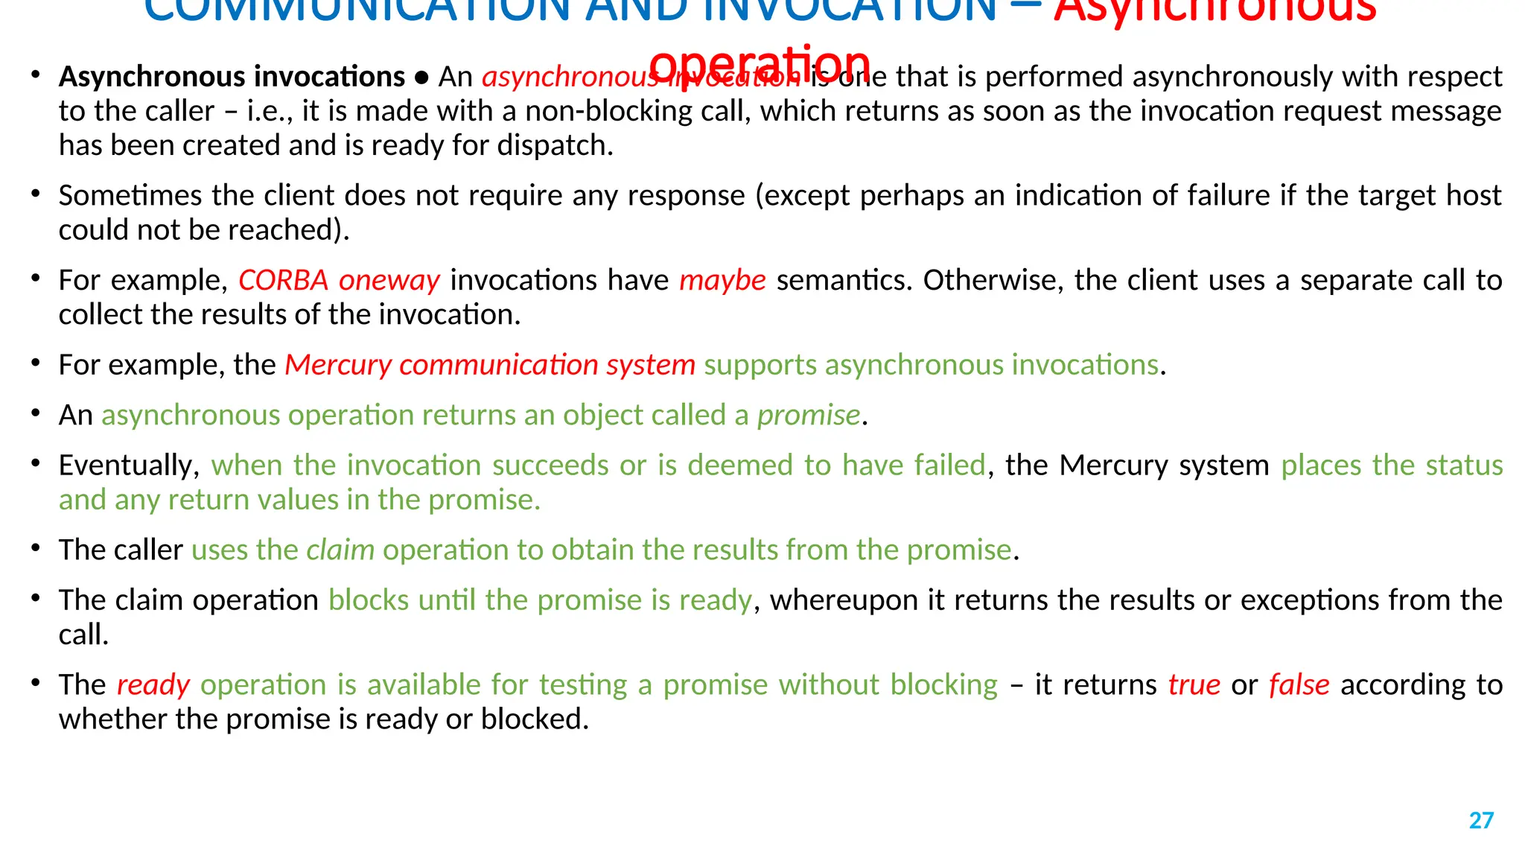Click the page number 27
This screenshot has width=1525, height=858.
[1481, 820]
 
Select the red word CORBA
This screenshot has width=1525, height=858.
[283, 280]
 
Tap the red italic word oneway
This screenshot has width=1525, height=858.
[389, 281]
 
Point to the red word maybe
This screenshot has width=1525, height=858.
[722, 280]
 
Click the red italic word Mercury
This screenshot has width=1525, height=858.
[338, 365]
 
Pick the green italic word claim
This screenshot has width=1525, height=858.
[340, 550]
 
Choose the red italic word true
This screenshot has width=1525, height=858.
[1194, 684]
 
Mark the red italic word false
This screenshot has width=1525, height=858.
[1299, 684]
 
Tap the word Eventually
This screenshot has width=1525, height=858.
[129, 465]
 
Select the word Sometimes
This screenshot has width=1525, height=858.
[131, 195]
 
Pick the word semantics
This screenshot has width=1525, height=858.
[844, 280]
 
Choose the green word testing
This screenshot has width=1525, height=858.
[583, 685]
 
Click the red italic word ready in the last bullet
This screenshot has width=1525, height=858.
[153, 685]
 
